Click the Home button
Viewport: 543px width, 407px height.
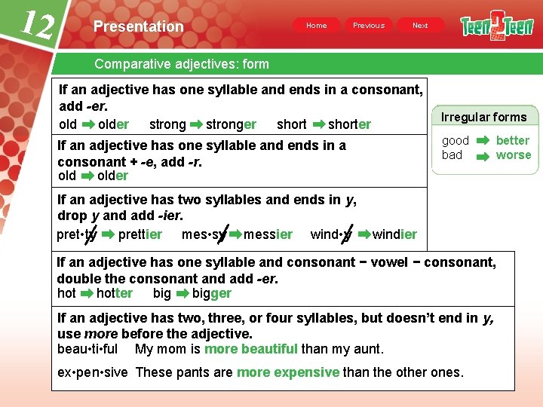point(317,26)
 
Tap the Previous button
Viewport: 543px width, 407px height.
point(369,26)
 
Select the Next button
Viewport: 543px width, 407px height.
point(420,26)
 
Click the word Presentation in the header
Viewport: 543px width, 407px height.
point(138,26)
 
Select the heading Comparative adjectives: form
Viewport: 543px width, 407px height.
point(182,64)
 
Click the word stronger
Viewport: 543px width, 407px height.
point(231,124)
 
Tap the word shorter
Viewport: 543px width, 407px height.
point(349,124)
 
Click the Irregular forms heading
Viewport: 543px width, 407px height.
point(483,117)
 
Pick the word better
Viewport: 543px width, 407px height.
point(513,140)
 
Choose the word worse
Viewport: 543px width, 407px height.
point(514,155)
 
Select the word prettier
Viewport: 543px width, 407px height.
point(140,234)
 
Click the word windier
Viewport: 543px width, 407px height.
point(394,234)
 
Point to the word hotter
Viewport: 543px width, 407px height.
point(115,293)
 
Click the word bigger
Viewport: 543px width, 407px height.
point(212,293)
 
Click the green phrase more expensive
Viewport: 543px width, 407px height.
point(288,372)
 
